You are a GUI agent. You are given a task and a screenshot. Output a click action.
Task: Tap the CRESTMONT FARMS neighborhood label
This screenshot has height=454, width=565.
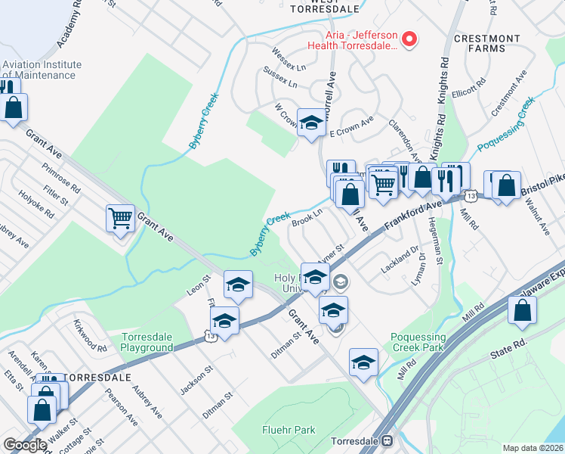tap(487, 43)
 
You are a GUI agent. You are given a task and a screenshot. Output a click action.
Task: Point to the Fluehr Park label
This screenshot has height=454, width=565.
tap(289, 430)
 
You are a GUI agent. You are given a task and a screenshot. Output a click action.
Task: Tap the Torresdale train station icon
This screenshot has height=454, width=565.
tap(387, 440)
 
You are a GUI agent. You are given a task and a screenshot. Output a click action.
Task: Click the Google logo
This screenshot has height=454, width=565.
tap(25, 445)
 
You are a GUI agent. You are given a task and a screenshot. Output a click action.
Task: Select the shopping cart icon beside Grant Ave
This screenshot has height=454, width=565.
tap(121, 219)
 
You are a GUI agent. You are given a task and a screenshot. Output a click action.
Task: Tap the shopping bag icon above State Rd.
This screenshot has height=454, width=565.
tap(523, 310)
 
